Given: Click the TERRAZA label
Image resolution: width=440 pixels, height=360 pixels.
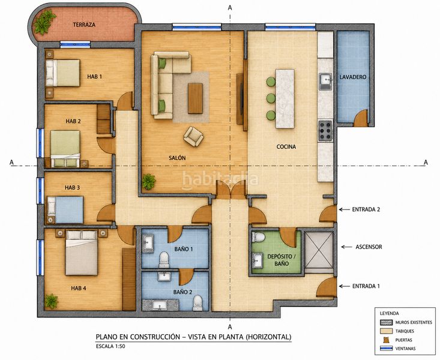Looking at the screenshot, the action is pyautogui.click(x=84, y=25).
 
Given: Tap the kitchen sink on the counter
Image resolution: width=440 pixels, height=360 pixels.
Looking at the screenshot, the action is pyautogui.click(x=325, y=82).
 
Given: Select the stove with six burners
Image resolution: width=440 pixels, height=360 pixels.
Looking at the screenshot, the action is pyautogui.click(x=325, y=130).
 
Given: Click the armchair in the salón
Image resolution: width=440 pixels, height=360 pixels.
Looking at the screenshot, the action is pyautogui.click(x=193, y=136).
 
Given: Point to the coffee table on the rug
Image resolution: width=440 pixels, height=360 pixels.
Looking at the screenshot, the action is pyautogui.click(x=195, y=98).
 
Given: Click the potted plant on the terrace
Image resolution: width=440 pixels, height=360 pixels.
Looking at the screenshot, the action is pyautogui.click(x=44, y=22).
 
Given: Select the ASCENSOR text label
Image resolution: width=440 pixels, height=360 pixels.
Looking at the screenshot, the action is pyautogui.click(x=369, y=247).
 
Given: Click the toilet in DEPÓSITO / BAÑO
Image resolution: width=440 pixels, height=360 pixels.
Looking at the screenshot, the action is pyautogui.click(x=259, y=237).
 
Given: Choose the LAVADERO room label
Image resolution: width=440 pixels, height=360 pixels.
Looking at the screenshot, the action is pyautogui.click(x=353, y=77).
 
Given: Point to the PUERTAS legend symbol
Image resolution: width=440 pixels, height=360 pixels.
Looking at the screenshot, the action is pyautogui.click(x=386, y=340).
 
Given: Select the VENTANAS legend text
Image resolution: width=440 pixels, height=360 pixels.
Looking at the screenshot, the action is pyautogui.click(x=406, y=349).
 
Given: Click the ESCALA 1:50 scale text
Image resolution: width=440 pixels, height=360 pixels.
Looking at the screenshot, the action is pyautogui.click(x=110, y=346).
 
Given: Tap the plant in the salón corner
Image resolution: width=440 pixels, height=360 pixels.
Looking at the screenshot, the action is pyautogui.click(x=148, y=181).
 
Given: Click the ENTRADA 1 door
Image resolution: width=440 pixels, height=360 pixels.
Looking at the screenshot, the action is pyautogui.click(x=327, y=287).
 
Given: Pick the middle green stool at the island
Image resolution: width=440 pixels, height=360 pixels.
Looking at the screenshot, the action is pyautogui.click(x=271, y=98).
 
